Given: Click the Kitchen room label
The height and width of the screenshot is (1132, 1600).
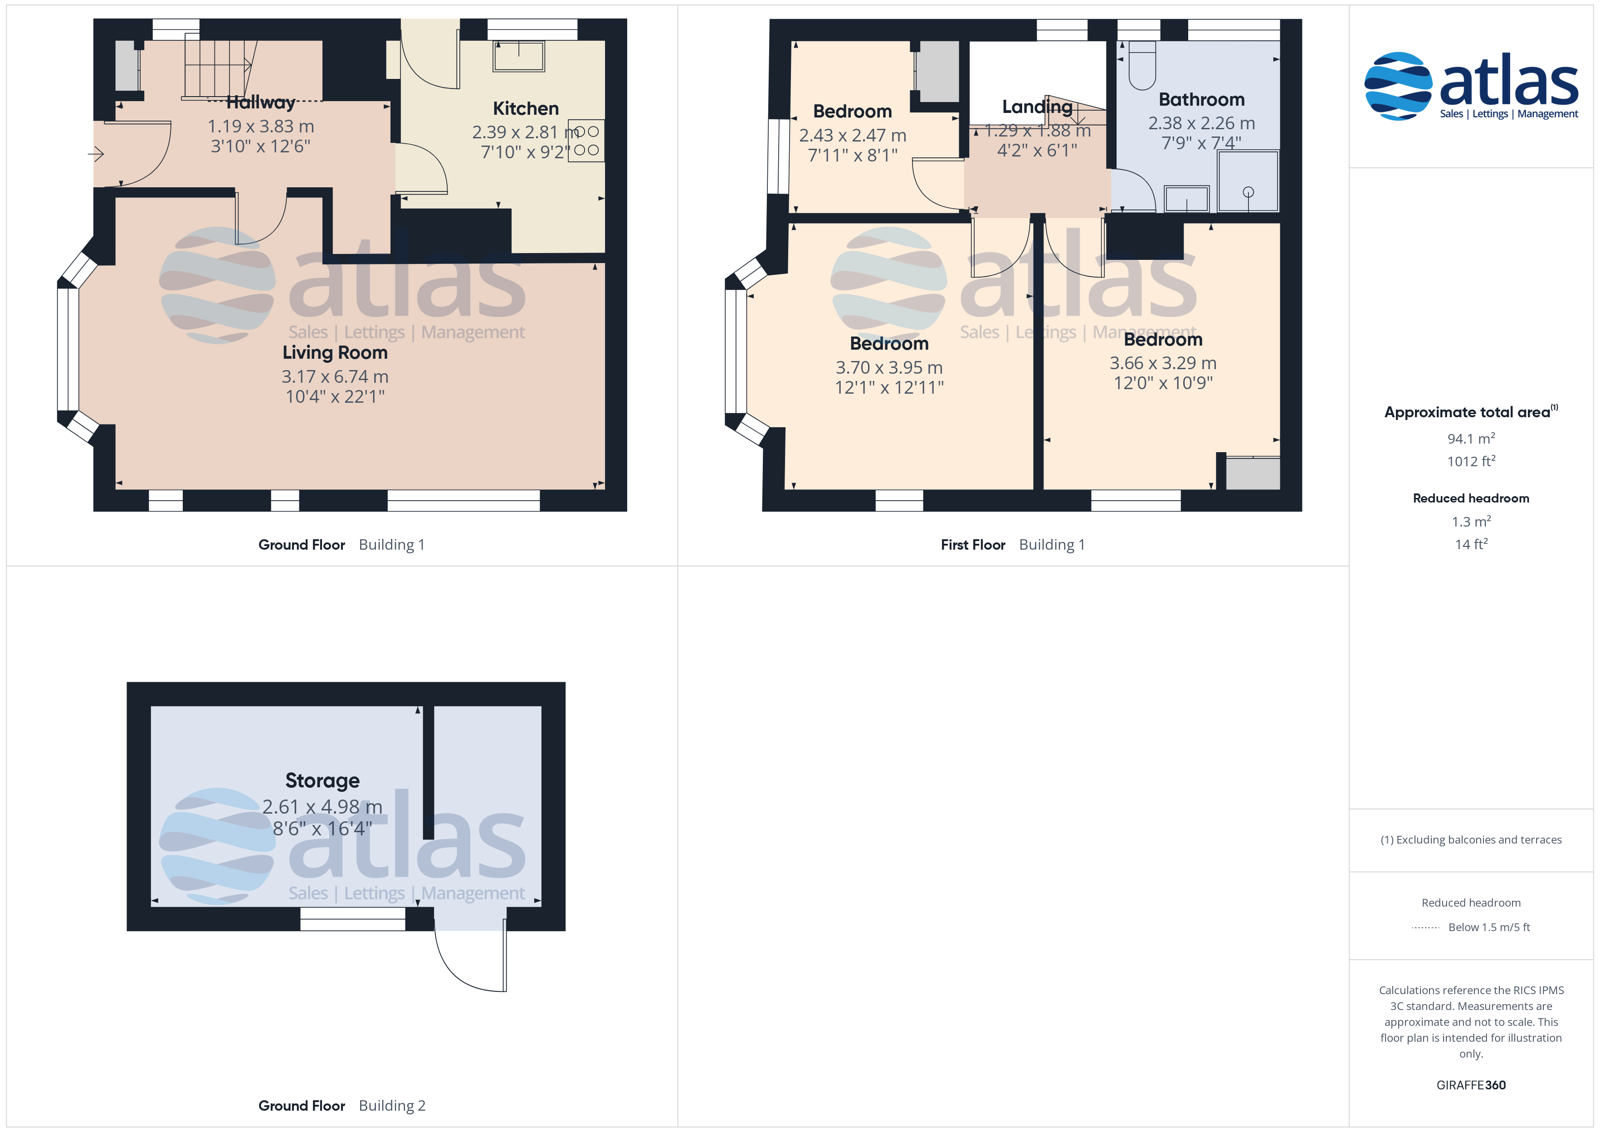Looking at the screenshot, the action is [526, 109].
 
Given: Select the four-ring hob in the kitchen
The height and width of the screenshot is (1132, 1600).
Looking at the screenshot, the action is [586, 141].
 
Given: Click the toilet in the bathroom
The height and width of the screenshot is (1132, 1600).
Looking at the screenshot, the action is [1141, 65].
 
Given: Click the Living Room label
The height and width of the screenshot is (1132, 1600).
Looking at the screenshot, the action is [335, 353].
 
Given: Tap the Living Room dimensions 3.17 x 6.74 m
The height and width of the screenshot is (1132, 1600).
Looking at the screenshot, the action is [335, 376].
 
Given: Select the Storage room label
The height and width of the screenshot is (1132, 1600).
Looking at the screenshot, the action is [322, 781].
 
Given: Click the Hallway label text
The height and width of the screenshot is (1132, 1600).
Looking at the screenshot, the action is [261, 102].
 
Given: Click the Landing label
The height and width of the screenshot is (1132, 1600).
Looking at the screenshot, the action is [1037, 107].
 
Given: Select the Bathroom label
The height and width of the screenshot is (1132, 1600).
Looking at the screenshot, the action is [1201, 100].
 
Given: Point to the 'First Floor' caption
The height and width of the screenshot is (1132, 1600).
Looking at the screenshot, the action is [973, 545].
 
